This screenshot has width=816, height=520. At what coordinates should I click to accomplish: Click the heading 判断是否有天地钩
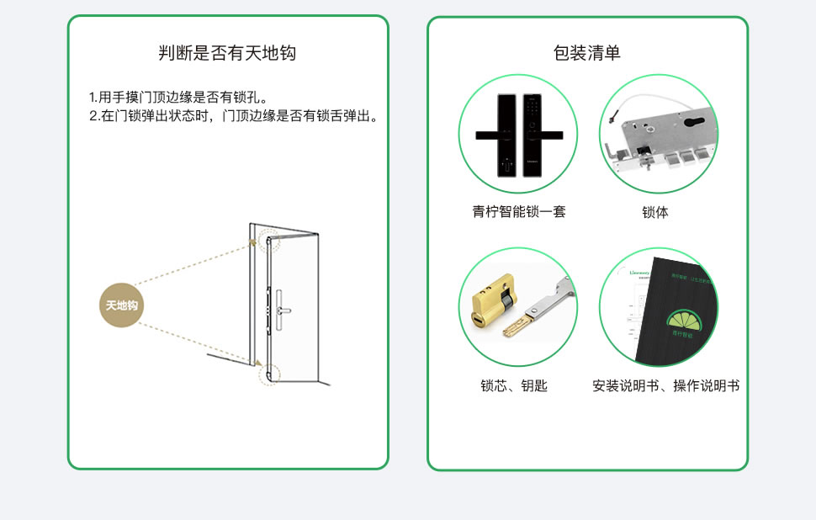tap(227, 54)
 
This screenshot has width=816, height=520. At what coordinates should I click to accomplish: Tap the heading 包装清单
tap(587, 54)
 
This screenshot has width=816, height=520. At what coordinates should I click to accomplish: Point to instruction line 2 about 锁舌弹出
tap(233, 115)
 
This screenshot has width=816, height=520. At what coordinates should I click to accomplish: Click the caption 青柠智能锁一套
tap(518, 212)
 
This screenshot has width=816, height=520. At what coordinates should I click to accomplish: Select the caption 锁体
tap(655, 213)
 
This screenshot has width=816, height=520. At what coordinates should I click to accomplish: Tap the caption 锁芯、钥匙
tap(514, 386)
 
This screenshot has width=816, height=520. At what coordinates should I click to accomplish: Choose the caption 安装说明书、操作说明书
tap(665, 386)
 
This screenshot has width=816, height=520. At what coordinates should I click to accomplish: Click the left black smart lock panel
tap(506, 135)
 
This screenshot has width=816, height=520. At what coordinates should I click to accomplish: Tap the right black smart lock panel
tap(533, 135)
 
